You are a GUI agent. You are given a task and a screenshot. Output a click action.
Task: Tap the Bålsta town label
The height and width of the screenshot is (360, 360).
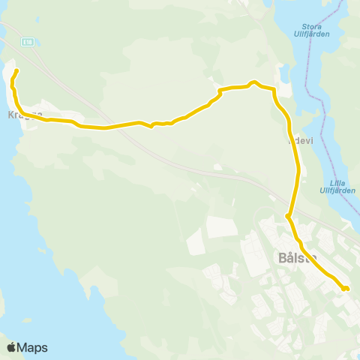tap(297, 257)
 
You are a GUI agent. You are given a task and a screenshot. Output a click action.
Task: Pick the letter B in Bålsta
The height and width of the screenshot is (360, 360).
tap(282, 257)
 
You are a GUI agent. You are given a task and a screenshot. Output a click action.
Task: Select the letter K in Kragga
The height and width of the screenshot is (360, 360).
tap(10, 116)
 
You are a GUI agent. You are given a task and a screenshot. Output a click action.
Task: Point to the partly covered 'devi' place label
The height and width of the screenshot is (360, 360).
tap(298, 139)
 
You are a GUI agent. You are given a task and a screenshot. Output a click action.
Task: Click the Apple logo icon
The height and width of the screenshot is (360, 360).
tap(11, 347)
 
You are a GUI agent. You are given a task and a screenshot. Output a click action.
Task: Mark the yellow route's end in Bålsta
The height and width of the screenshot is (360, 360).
tap(346, 288)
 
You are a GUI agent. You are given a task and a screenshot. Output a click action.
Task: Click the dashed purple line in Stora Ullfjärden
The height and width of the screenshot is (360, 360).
tap(308, 82)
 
